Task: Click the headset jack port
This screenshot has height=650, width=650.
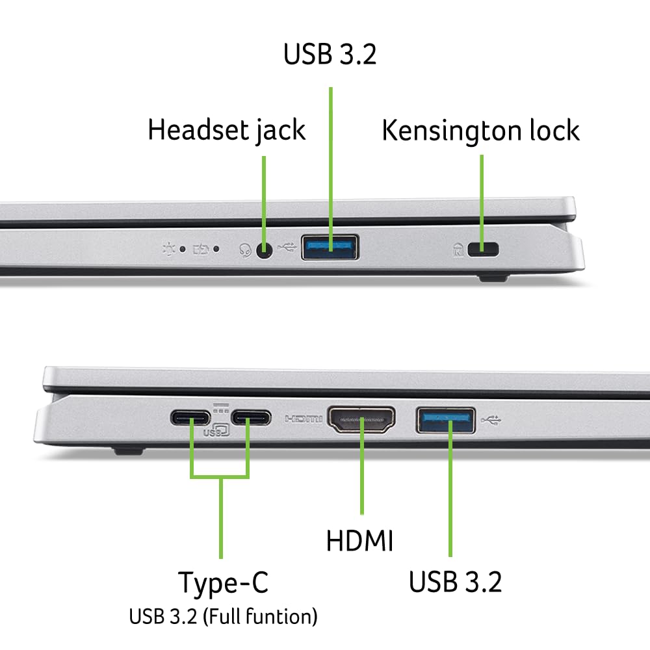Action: tap(264, 249)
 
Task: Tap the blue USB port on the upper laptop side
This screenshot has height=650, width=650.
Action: tap(330, 247)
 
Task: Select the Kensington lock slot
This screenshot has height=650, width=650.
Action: tap(481, 248)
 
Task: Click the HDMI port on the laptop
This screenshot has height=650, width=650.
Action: tap(362, 421)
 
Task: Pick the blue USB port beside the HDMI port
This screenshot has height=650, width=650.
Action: tap(445, 419)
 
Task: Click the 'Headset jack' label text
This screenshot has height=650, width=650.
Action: tap(226, 129)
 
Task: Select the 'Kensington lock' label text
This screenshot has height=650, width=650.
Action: tap(480, 130)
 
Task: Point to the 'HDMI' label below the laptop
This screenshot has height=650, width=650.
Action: tap(359, 541)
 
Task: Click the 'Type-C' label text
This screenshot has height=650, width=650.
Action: tap(222, 582)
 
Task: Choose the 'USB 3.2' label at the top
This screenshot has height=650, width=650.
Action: tap(330, 55)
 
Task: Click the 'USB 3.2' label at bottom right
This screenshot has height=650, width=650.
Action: tap(455, 582)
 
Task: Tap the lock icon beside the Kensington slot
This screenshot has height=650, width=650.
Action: tap(458, 248)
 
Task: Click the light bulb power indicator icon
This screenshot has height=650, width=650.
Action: tap(170, 248)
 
